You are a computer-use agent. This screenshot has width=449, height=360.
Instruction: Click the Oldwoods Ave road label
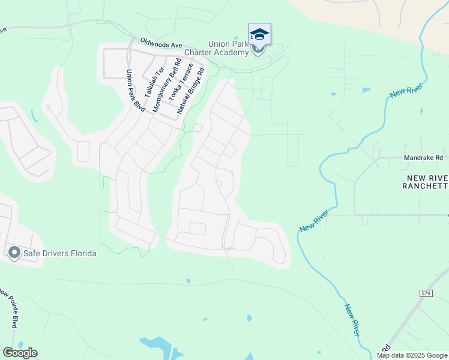point(161,44)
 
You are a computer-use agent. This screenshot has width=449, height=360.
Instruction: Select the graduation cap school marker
point(259,34)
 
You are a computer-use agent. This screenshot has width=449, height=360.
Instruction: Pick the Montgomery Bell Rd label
point(166,86)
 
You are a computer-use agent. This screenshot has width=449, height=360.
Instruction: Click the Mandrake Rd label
point(424,158)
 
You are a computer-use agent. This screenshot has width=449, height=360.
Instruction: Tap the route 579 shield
point(426,293)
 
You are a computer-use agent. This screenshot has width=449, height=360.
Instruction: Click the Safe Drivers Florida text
point(59,253)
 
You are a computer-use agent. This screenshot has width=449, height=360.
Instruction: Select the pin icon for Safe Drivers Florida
point(14,253)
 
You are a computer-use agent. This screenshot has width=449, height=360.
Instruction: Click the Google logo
point(20,353)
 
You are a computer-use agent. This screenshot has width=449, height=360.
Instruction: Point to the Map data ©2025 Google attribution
point(412,356)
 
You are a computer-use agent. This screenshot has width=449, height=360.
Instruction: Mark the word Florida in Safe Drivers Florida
point(83,253)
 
